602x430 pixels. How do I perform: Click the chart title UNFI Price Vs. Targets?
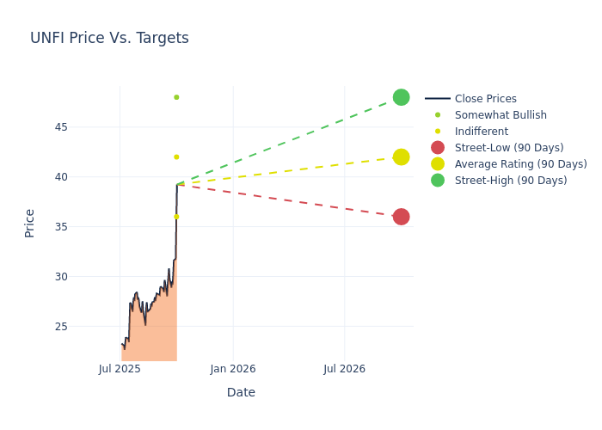pyautogui.click(x=109, y=39)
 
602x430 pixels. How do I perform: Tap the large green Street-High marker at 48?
pyautogui.click(x=401, y=97)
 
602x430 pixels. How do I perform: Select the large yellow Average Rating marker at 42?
pyautogui.click(x=401, y=157)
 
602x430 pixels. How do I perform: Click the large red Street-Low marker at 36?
pyautogui.click(x=401, y=217)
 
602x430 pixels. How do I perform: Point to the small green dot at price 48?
pyautogui.click(x=176, y=97)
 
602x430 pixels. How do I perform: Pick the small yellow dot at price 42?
pyautogui.click(x=176, y=157)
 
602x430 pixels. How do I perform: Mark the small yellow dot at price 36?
pyautogui.click(x=176, y=217)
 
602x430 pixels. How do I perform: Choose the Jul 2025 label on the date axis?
pyautogui.click(x=120, y=369)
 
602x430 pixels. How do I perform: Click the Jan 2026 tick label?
pyautogui.click(x=232, y=369)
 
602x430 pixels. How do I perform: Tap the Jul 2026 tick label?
pyautogui.click(x=345, y=369)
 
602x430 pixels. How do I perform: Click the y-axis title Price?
pyautogui.click(x=30, y=223)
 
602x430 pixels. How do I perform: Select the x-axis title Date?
pyautogui.click(x=241, y=392)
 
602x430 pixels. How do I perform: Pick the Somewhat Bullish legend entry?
pyautogui.click(x=500, y=115)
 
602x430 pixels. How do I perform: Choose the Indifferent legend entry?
pyautogui.click(x=481, y=132)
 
